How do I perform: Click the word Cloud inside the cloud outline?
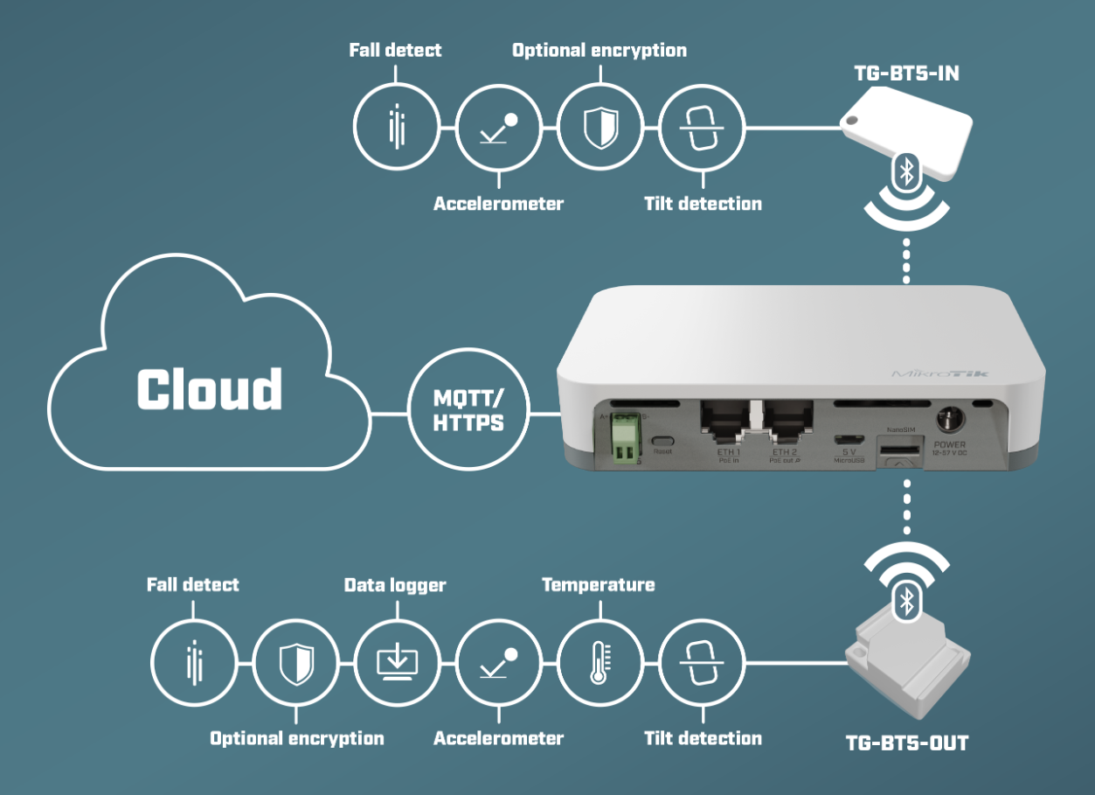(210, 389)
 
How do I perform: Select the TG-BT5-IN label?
(905, 73)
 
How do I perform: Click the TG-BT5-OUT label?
(907, 744)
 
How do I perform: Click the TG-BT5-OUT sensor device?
(908, 665)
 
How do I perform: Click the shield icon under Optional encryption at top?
(599, 128)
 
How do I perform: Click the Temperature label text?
(599, 584)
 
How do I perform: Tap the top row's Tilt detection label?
(703, 204)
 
